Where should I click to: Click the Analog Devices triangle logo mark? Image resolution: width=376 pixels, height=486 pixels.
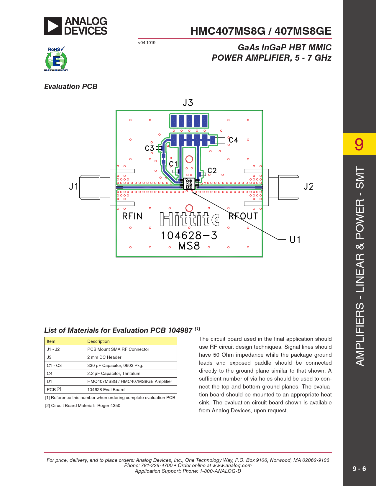pyautogui.click(x=53, y=26)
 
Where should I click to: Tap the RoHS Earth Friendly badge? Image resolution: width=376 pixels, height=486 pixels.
pyautogui.click(x=56, y=59)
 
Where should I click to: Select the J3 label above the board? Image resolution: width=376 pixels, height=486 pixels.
pyautogui.click(x=188, y=103)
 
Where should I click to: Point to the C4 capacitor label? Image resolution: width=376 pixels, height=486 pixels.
pyautogui.click(x=233, y=140)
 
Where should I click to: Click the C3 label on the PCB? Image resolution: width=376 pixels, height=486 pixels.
pyautogui.click(x=150, y=148)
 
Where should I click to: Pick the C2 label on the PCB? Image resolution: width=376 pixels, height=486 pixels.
pyautogui.click(x=212, y=171)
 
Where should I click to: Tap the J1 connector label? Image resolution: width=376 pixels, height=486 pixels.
pyautogui.click(x=73, y=186)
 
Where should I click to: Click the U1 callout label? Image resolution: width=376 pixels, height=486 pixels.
pyautogui.click(x=295, y=240)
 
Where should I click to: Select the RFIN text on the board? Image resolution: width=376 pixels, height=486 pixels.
pyautogui.click(x=132, y=216)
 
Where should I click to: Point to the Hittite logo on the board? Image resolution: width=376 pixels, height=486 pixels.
pyautogui.click(x=190, y=219)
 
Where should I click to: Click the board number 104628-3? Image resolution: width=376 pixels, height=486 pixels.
pyautogui.click(x=189, y=236)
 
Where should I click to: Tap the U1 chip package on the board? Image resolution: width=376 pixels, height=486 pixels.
pyautogui.click(x=189, y=184)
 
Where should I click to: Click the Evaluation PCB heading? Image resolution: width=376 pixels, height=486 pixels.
pyautogui.click(x=71, y=87)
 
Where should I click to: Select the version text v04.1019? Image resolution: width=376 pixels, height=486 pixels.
pyautogui.click(x=147, y=43)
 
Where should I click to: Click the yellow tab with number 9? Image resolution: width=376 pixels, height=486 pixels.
pyautogui.click(x=359, y=144)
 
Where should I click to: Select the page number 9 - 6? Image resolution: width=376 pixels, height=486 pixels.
pyautogui.click(x=359, y=469)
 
